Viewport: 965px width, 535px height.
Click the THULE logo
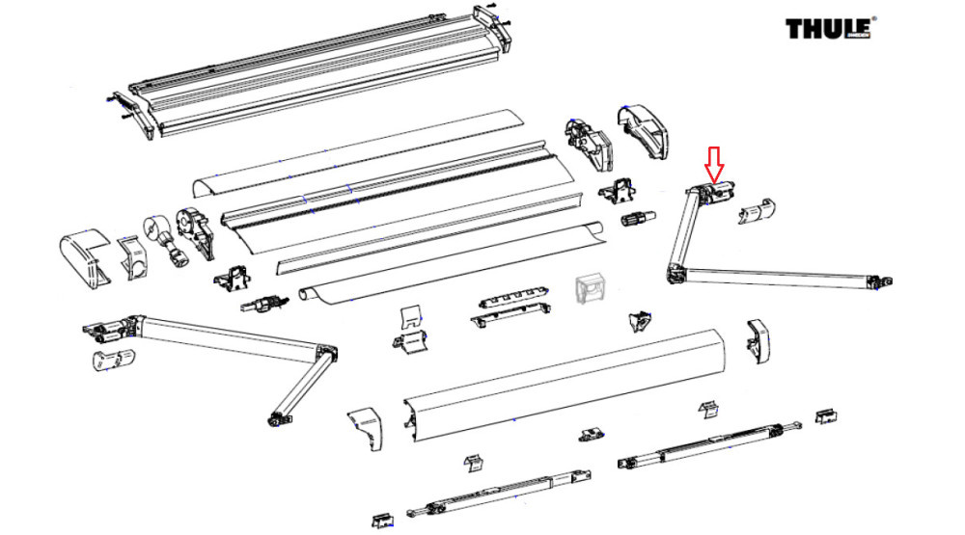point(828,28)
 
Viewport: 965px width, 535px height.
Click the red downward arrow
point(714,165)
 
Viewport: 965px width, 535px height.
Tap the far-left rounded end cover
point(86,255)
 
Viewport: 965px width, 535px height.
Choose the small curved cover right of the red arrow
point(758,210)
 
